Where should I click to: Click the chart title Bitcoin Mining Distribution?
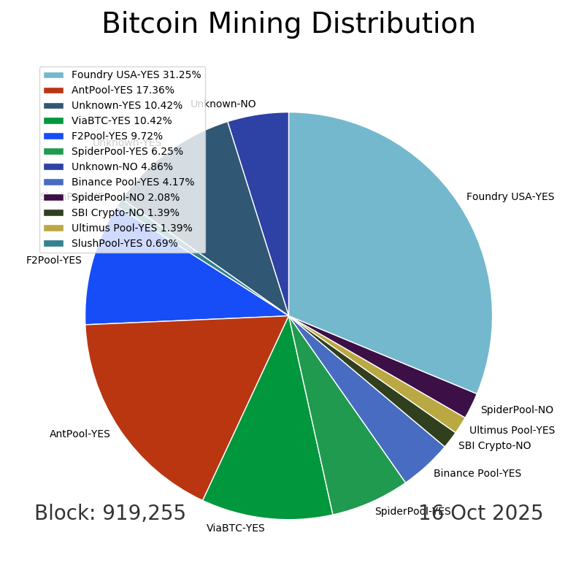point(288,24)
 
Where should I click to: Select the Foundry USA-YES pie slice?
point(394,241)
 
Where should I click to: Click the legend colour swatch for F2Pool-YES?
point(53,137)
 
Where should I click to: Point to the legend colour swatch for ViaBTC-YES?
point(53,121)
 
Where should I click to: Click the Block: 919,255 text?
point(110,513)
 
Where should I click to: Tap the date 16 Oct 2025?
point(481,513)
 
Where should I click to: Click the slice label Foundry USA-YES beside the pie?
point(510,197)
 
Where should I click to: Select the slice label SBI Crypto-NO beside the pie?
point(494,446)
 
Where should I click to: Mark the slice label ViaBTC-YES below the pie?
point(236,529)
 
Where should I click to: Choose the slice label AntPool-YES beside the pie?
point(80,434)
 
